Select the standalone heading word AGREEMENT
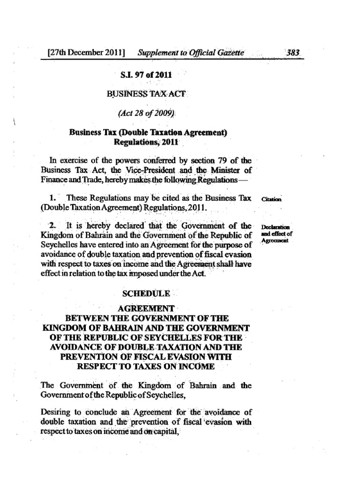tap(146, 309)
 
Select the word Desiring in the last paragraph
tap(56, 412)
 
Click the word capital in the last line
tap(165, 431)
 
